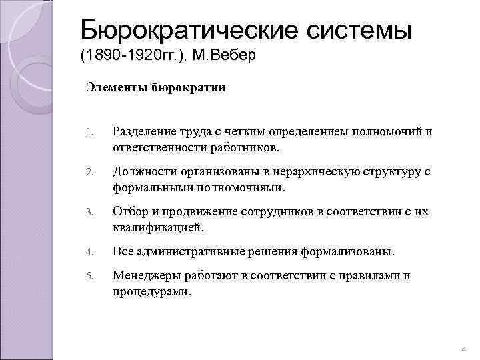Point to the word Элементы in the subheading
coord(114,87)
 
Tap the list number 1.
coord(90,132)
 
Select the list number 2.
coord(90,173)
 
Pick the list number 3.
coord(90,213)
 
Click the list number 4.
coord(90,253)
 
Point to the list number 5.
coord(90,276)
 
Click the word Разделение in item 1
coord(145,131)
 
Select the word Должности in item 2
coord(143,172)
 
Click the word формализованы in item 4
coord(349,253)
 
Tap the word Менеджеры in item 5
coord(145,275)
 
